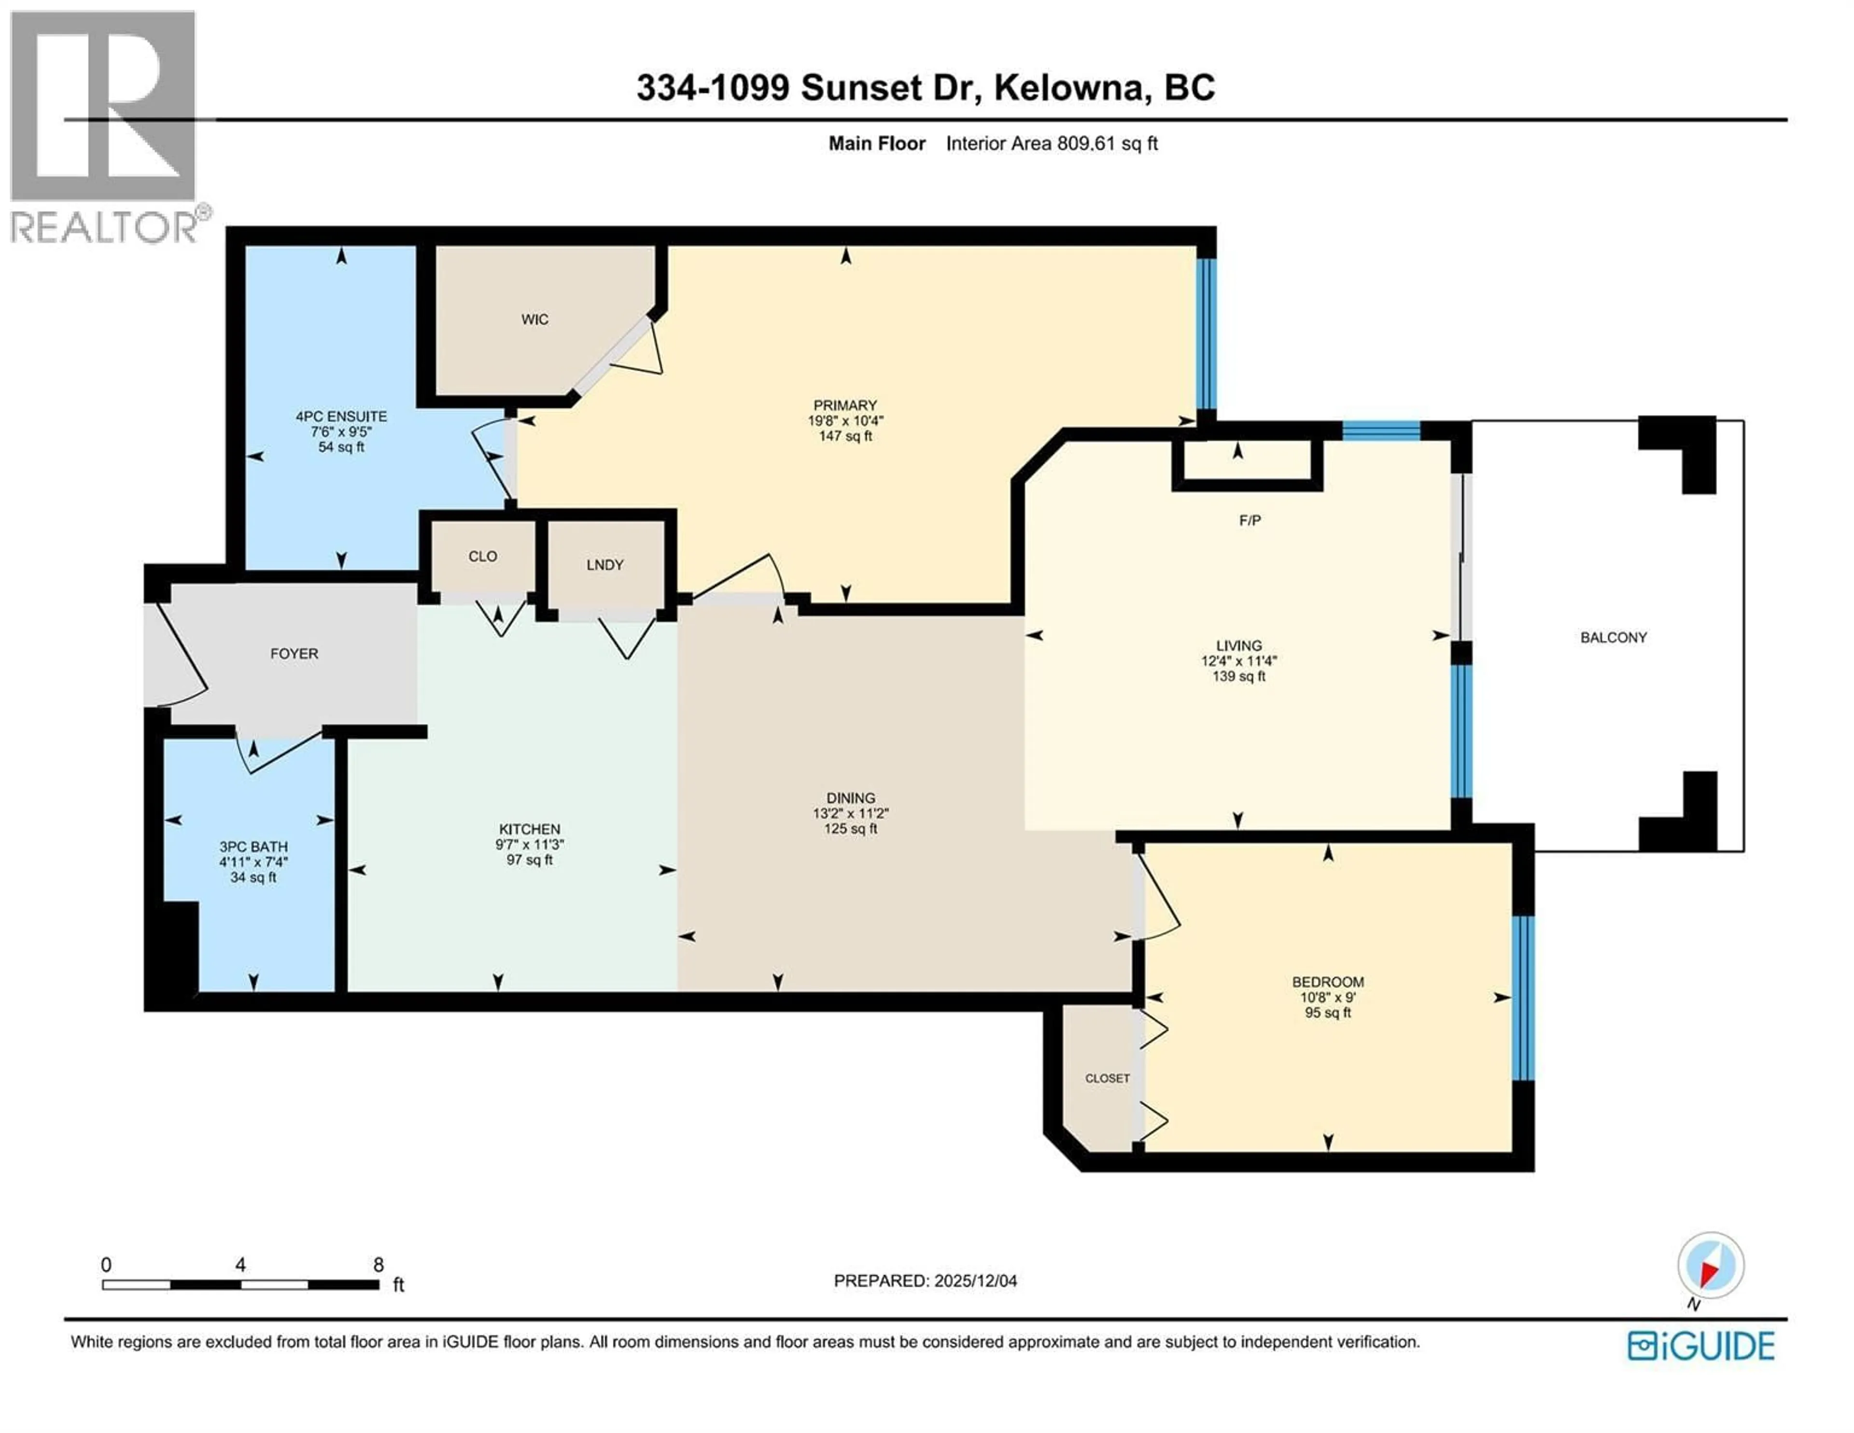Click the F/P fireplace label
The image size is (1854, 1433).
(1250, 520)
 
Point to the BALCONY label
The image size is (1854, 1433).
(1613, 637)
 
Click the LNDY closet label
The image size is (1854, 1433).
(604, 564)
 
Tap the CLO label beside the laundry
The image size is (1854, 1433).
(482, 556)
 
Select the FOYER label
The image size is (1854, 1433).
(294, 654)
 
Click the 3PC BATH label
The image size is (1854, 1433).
(253, 846)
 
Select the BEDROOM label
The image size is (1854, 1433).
(1328, 982)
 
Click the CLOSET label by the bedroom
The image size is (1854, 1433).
(1107, 1078)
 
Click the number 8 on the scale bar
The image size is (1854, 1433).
(379, 1265)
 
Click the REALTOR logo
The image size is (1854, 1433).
(104, 127)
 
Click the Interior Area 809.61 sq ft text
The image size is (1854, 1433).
(1051, 143)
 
